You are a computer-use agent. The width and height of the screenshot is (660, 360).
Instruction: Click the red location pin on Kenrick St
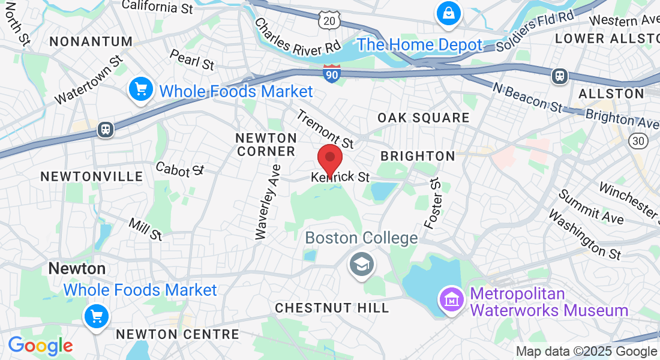tap(329, 159)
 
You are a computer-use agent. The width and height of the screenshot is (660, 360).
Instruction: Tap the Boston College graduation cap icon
tap(361, 263)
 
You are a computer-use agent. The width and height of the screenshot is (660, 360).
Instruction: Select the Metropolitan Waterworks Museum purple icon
tap(450, 298)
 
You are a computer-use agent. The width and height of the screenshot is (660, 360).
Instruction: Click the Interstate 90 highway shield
tap(331, 73)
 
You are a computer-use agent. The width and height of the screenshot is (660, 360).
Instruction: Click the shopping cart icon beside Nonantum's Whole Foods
tap(141, 90)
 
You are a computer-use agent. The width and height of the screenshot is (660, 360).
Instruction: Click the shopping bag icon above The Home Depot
tap(448, 12)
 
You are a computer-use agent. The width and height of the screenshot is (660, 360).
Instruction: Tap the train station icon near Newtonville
tap(106, 130)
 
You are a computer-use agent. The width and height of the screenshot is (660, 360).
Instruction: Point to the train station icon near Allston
tap(559, 76)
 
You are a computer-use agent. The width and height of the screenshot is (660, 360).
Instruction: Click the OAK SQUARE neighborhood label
tap(424, 118)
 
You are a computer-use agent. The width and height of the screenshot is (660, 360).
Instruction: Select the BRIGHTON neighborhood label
tap(418, 156)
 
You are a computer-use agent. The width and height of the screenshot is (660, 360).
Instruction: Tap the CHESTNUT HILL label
tap(332, 308)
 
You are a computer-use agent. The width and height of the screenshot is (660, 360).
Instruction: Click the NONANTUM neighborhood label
tap(91, 41)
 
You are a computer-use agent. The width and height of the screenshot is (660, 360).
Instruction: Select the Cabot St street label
tap(180, 169)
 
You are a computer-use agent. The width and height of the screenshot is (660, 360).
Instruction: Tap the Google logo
tap(40, 346)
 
